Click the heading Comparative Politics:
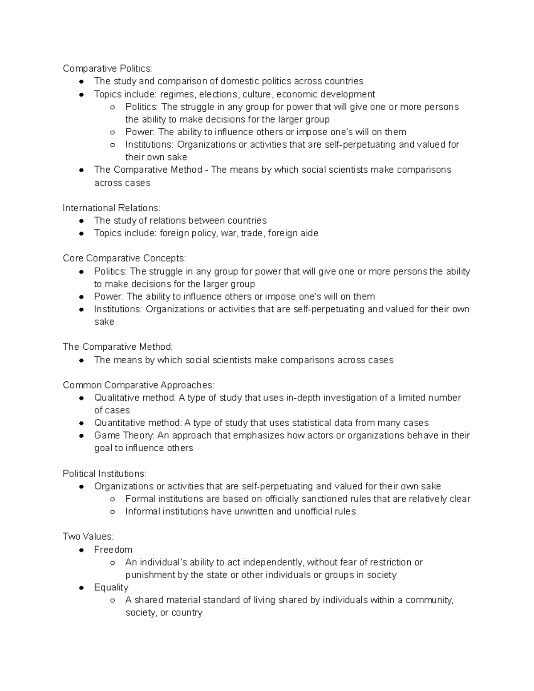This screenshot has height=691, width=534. pyautogui.click(x=107, y=69)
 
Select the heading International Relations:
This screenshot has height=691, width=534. pyautogui.click(x=111, y=208)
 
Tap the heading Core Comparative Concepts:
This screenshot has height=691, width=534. pyautogui.click(x=124, y=258)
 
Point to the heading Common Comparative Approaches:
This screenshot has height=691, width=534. pyautogui.click(x=138, y=385)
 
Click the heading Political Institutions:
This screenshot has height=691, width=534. pyautogui.click(x=104, y=473)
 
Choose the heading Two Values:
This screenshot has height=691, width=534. pyautogui.click(x=88, y=537)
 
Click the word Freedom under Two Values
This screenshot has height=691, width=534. pyautogui.click(x=113, y=550)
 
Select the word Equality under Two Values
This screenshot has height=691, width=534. pyautogui.click(x=111, y=587)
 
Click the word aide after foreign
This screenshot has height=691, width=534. pyautogui.click(x=310, y=233)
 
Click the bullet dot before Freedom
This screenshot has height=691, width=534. pyautogui.click(x=81, y=550)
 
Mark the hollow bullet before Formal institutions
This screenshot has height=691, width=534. pyautogui.click(x=113, y=499)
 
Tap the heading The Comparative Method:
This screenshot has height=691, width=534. pyautogui.click(x=117, y=347)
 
